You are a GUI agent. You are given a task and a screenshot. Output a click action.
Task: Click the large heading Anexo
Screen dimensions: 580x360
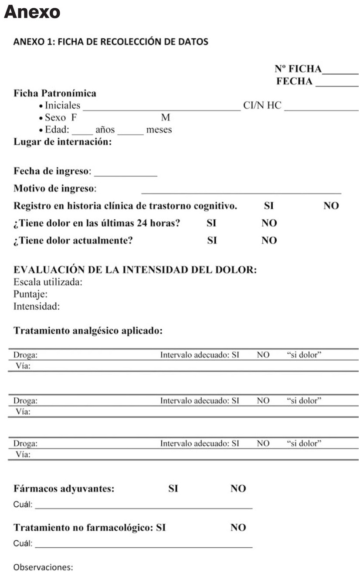point(32,13)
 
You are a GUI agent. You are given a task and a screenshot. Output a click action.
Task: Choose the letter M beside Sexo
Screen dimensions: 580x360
point(166,118)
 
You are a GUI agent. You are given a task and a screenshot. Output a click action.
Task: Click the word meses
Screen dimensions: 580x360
point(160,130)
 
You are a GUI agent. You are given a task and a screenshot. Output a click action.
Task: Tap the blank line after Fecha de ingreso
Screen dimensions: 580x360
point(126,174)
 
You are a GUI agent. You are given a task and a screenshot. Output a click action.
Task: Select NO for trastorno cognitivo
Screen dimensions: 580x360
point(331,206)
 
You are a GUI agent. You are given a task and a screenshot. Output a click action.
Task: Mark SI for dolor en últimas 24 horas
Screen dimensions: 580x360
point(212,223)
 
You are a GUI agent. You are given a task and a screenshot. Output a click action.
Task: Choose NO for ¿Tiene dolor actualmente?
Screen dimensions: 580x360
point(269,240)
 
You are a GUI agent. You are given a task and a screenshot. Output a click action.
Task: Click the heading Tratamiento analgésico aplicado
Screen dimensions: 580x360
point(88,331)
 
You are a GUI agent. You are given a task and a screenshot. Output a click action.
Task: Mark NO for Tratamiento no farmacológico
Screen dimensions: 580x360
point(238,528)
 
